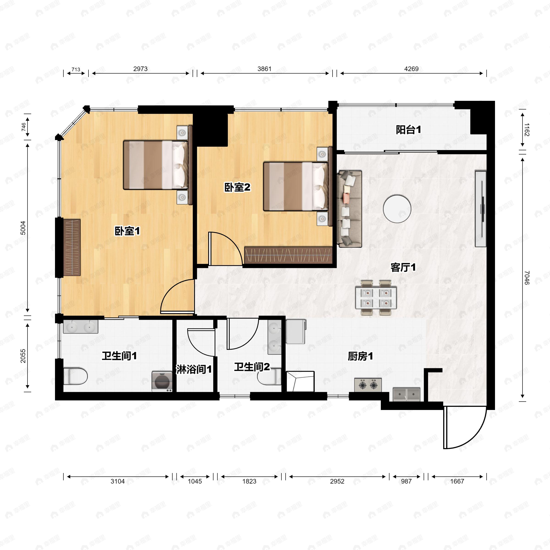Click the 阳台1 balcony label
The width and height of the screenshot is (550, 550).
point(408,130)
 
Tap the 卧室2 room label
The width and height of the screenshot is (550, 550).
point(237,187)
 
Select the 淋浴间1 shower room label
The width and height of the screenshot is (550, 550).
point(194,369)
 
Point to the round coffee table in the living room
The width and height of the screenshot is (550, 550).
point(397,209)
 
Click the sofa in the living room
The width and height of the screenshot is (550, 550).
point(349,209)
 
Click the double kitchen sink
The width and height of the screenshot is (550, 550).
point(407,394)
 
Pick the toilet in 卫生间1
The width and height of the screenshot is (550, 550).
point(75,376)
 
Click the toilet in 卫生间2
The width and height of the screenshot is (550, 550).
point(269,376)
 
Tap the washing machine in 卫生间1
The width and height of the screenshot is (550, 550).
point(162,381)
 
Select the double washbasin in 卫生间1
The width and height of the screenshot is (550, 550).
point(81,327)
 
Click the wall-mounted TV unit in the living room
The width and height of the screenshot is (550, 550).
point(481,209)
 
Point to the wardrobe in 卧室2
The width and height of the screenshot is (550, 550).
point(288,255)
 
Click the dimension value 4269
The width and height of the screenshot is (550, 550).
point(411,69)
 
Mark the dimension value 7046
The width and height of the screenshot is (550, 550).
point(527,278)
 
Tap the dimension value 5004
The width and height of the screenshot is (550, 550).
point(23,228)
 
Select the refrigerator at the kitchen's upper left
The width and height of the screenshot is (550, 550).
point(296,331)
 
